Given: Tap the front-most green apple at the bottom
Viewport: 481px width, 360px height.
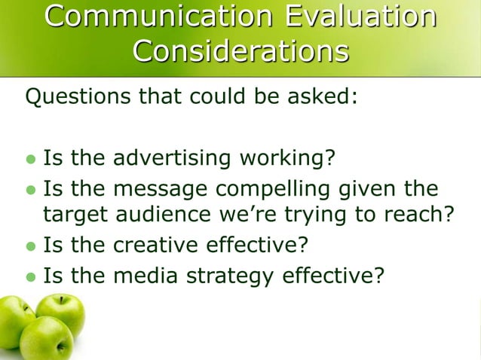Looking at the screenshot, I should click(x=47, y=339).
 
